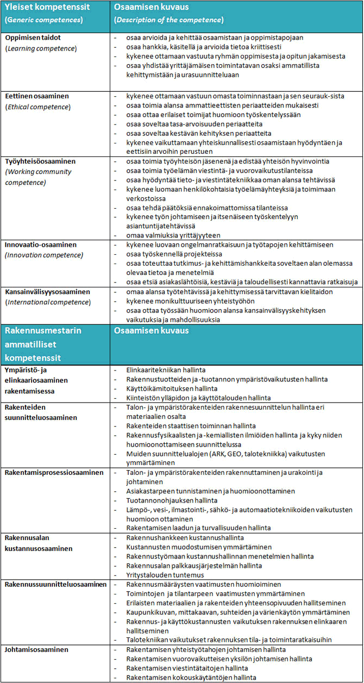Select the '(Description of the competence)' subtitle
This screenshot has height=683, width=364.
coord(168,20)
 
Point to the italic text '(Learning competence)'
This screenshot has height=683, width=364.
coord(41,48)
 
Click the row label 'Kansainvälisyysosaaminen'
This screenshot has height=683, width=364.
coord(48,292)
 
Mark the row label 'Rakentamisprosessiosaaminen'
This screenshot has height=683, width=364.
coord(54,473)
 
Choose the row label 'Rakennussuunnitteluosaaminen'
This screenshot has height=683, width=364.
coord(55,584)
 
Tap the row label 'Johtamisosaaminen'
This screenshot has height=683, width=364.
coord(36,649)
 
